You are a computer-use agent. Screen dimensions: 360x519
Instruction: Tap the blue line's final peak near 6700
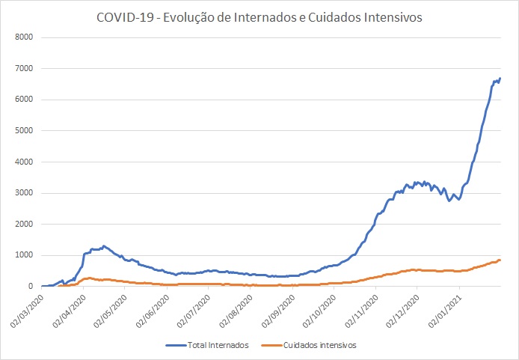coord(500,78)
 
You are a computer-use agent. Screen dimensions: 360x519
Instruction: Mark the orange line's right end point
coord(500,260)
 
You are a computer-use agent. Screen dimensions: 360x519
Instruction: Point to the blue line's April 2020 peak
coord(104,245)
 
